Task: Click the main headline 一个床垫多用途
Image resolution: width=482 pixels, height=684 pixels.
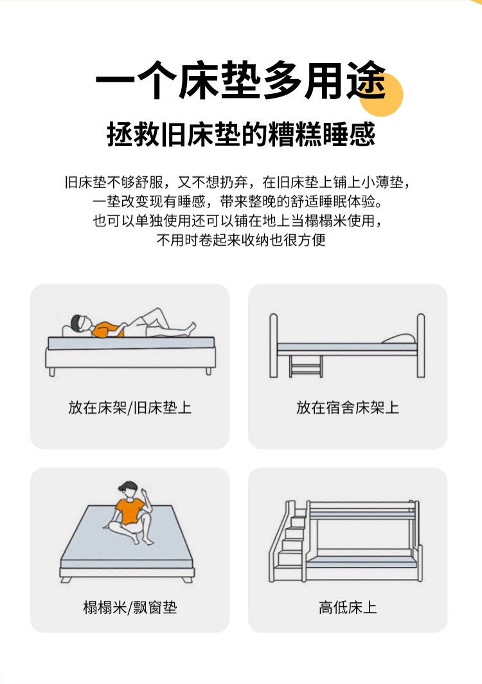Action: coord(240,80)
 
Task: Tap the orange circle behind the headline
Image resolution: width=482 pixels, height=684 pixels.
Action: coord(381,94)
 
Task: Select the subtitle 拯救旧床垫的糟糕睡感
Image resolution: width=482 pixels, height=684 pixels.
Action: coord(241,134)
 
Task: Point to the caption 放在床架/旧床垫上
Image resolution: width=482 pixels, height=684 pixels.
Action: coord(130,407)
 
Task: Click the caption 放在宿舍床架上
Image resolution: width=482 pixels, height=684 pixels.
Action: coord(348,407)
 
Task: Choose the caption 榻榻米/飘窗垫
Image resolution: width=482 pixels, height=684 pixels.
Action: coord(130,607)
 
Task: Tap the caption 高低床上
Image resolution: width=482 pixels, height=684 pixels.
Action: coord(348,607)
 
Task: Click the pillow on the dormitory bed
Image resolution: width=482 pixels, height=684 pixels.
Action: coord(399,339)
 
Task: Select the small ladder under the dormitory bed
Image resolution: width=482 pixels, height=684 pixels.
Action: coord(306,366)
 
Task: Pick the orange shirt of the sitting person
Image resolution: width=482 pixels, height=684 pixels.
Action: coord(129,512)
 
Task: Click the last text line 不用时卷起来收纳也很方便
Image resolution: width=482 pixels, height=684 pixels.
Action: coord(241,240)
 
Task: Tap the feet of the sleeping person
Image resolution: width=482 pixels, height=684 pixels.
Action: coord(190,327)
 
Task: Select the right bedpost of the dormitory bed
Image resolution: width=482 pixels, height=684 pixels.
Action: coord(420,346)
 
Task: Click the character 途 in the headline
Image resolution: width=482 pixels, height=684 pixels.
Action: coord(367,80)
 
